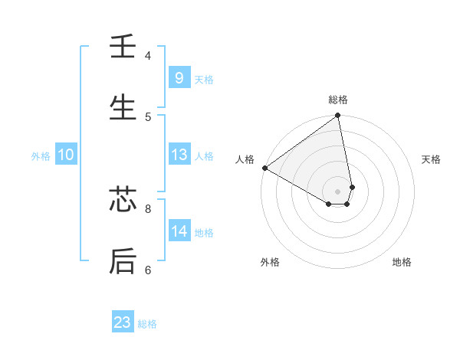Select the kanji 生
(123, 108)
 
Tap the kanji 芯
(123, 201)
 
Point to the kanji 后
(123, 260)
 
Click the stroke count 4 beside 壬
(148, 56)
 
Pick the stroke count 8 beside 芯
(148, 208)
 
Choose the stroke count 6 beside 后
(148, 270)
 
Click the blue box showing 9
(179, 77)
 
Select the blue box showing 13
(179, 155)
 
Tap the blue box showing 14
(179, 231)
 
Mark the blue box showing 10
(65, 155)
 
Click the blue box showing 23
(123, 322)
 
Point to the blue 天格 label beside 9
(204, 79)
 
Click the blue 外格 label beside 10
(41, 156)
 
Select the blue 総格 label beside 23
(147, 324)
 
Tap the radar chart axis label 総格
(338, 100)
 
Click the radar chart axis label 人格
(245, 159)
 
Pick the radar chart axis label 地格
(402, 262)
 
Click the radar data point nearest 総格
(338, 116)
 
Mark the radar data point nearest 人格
(264, 168)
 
